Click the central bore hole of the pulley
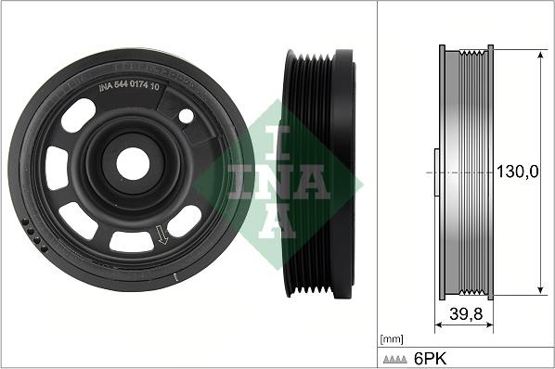133,164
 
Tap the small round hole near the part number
186,116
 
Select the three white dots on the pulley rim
36,237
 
